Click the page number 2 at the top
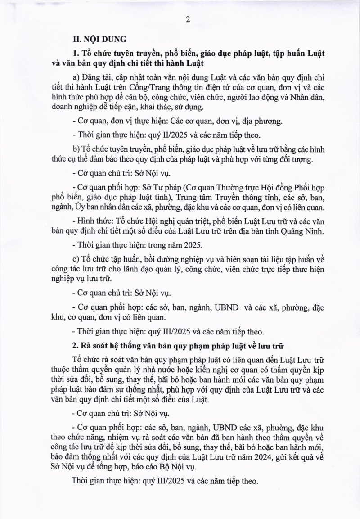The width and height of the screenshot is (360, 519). pyautogui.click(x=188, y=19)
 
